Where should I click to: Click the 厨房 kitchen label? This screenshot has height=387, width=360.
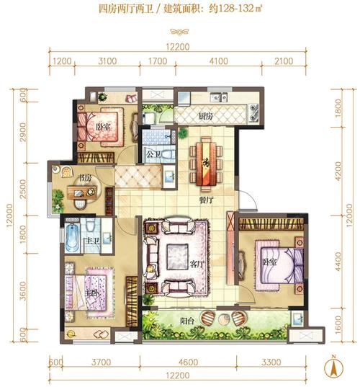(205, 116)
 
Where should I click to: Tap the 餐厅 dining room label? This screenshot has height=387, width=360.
(206, 200)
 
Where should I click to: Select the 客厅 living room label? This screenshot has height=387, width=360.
(197, 264)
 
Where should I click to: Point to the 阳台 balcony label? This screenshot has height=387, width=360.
(187, 321)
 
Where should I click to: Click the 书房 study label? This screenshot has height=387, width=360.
(85, 178)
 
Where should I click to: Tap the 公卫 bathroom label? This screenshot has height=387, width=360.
(153, 155)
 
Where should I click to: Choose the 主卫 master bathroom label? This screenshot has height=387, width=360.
(91, 241)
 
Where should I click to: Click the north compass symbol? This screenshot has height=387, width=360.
(334, 368)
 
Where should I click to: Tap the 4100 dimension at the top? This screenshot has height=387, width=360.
(219, 61)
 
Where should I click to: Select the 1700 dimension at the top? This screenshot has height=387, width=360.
(158, 61)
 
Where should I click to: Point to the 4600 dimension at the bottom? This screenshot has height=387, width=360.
(189, 362)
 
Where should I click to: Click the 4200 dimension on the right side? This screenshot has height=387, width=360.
(338, 171)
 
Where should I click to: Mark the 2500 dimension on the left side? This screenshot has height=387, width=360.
(22, 189)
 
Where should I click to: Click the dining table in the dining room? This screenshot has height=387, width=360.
(206, 163)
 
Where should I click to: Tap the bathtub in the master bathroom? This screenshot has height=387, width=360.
(73, 237)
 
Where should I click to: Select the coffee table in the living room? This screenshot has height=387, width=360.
(178, 257)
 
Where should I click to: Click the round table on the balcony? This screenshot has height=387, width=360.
(224, 319)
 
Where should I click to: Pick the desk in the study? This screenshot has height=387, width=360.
(81, 192)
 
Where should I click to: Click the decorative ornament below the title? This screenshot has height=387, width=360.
(180, 32)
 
